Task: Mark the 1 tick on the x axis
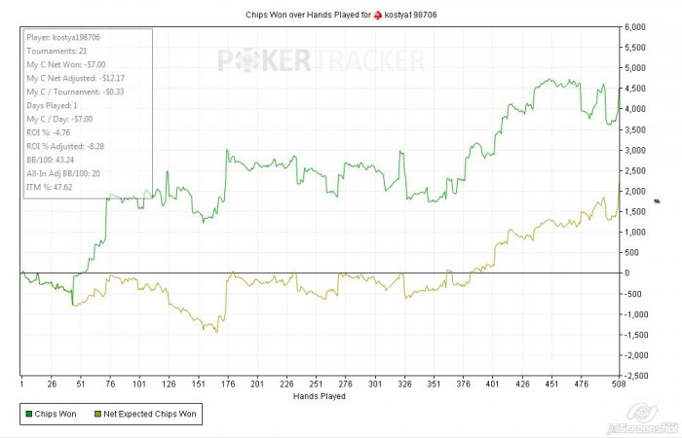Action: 21,383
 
